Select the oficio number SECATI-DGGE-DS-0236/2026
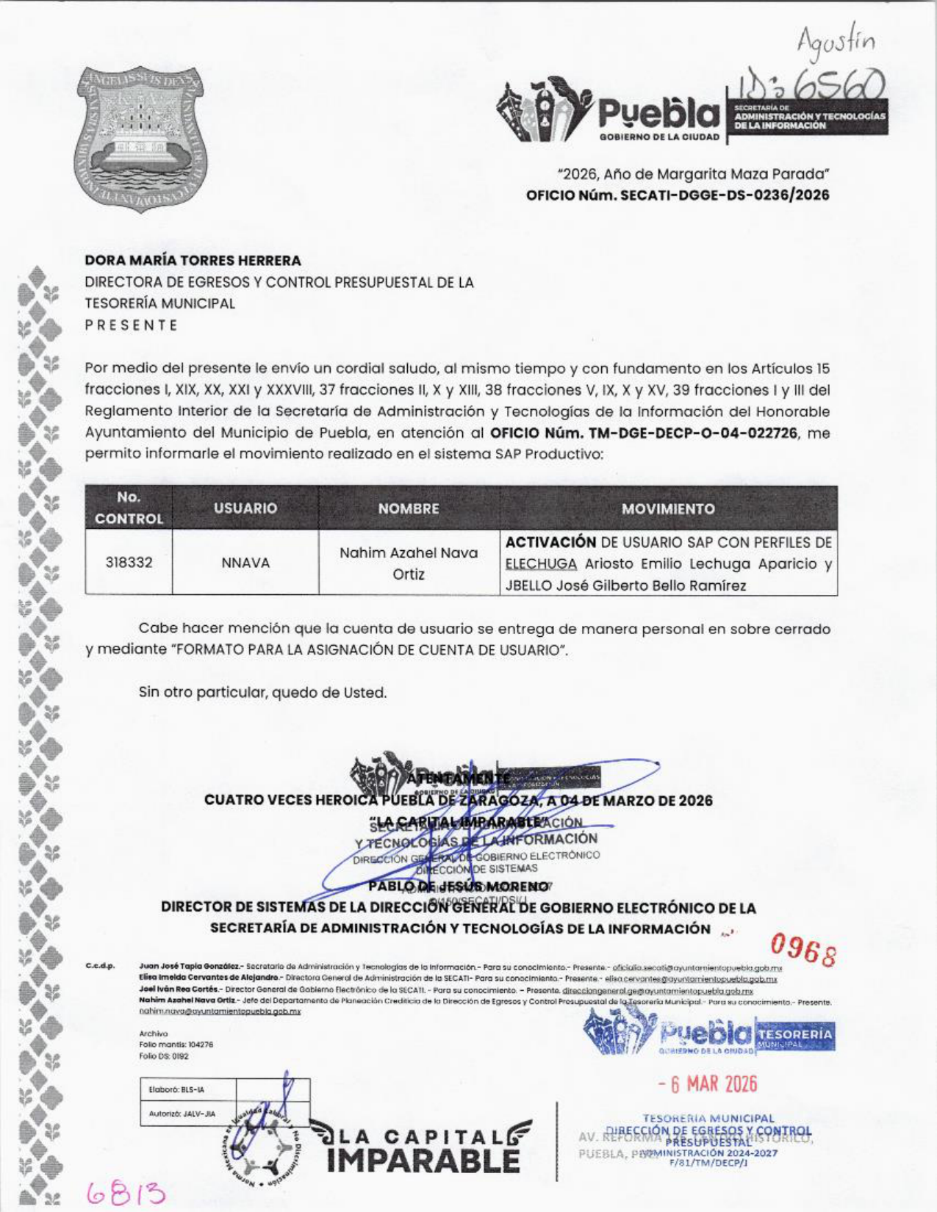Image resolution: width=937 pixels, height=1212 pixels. coord(678,195)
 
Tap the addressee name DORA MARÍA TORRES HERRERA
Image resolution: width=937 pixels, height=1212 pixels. coord(193,260)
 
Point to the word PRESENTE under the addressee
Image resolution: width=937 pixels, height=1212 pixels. coord(132,325)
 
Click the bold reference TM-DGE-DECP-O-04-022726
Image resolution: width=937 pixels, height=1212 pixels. coord(644,433)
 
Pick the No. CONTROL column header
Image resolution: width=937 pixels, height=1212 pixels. coord(129,508)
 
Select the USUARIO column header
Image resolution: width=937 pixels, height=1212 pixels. coord(245,508)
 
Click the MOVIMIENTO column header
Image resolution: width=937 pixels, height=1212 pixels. coord(667,508)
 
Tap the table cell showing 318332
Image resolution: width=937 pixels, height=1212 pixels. coord(129,563)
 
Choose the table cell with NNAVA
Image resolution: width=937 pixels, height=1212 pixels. coord(245,563)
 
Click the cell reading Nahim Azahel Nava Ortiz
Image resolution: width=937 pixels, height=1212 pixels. coord(409,563)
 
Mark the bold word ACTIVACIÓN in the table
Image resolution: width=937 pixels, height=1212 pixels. coord(550,542)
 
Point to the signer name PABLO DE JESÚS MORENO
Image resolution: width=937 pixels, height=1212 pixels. coord(459,886)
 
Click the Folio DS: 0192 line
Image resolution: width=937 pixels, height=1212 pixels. coord(164,1056)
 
